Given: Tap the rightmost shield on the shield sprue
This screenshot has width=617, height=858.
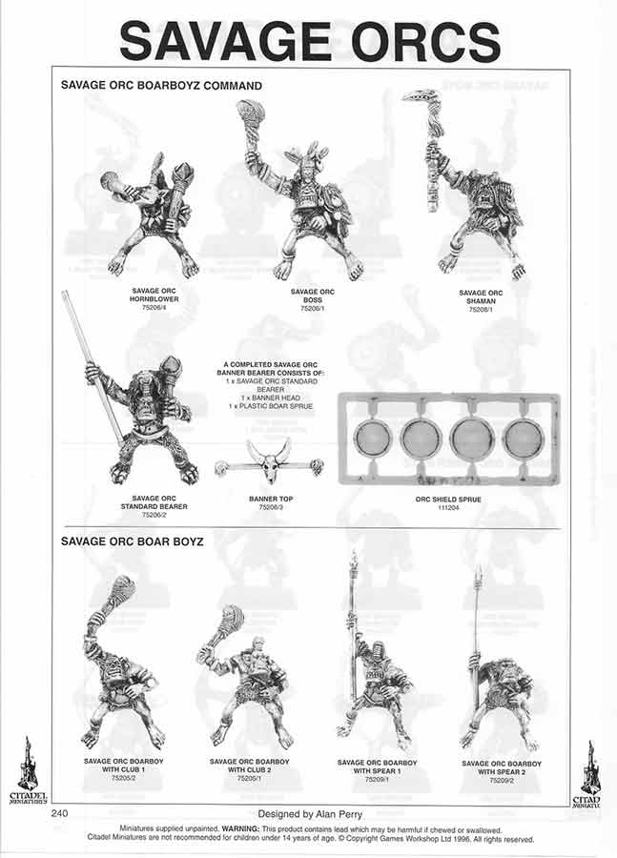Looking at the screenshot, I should (x=523, y=439).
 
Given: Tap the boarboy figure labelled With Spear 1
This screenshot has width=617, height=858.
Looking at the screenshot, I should (x=372, y=667).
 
